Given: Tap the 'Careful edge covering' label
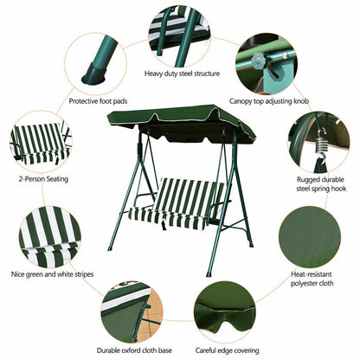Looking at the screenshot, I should [x=226, y=351].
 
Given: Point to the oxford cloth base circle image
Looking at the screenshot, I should [x=132, y=311].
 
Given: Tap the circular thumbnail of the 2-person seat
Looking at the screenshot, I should [x=41, y=142].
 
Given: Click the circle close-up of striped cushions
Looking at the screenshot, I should [x=49, y=236].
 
